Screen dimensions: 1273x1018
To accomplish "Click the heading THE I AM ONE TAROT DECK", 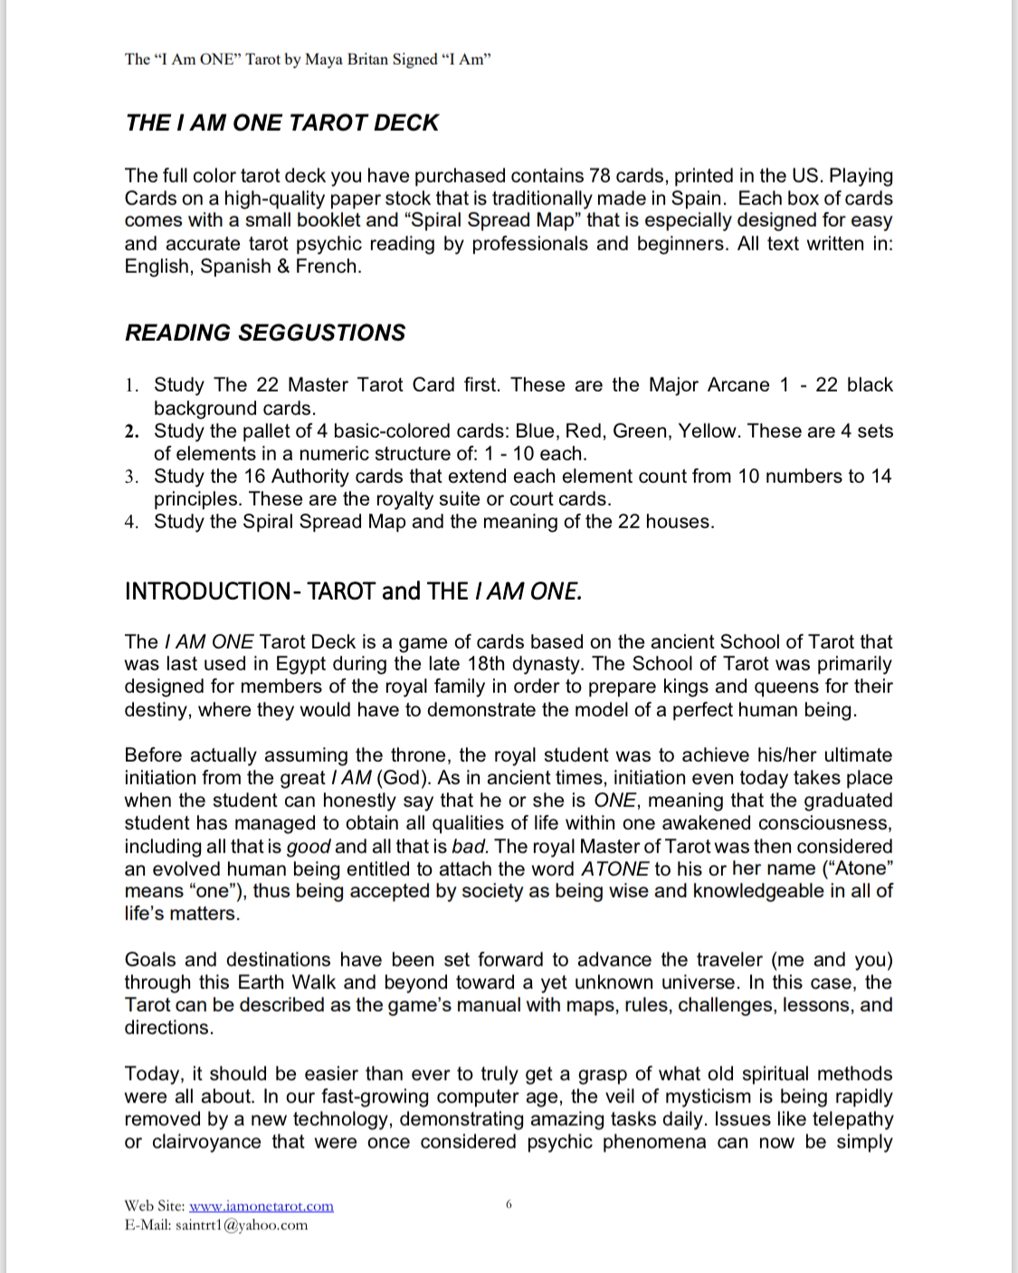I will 281,123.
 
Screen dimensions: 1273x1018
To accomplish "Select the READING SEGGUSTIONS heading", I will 265,333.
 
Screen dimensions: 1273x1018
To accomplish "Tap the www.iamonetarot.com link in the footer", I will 261,1206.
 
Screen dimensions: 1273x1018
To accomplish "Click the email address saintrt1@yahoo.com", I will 242,1225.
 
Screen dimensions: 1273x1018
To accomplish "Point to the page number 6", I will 509,1204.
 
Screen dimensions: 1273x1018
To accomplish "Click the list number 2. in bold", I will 132,432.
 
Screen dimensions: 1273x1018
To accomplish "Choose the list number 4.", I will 132,522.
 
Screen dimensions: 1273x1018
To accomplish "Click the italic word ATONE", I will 614,869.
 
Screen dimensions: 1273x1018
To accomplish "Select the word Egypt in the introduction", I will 303,664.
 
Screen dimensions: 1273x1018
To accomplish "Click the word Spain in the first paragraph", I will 696,198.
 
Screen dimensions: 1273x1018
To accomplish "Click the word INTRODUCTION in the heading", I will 208,592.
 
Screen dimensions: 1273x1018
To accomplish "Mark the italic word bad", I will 469,847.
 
